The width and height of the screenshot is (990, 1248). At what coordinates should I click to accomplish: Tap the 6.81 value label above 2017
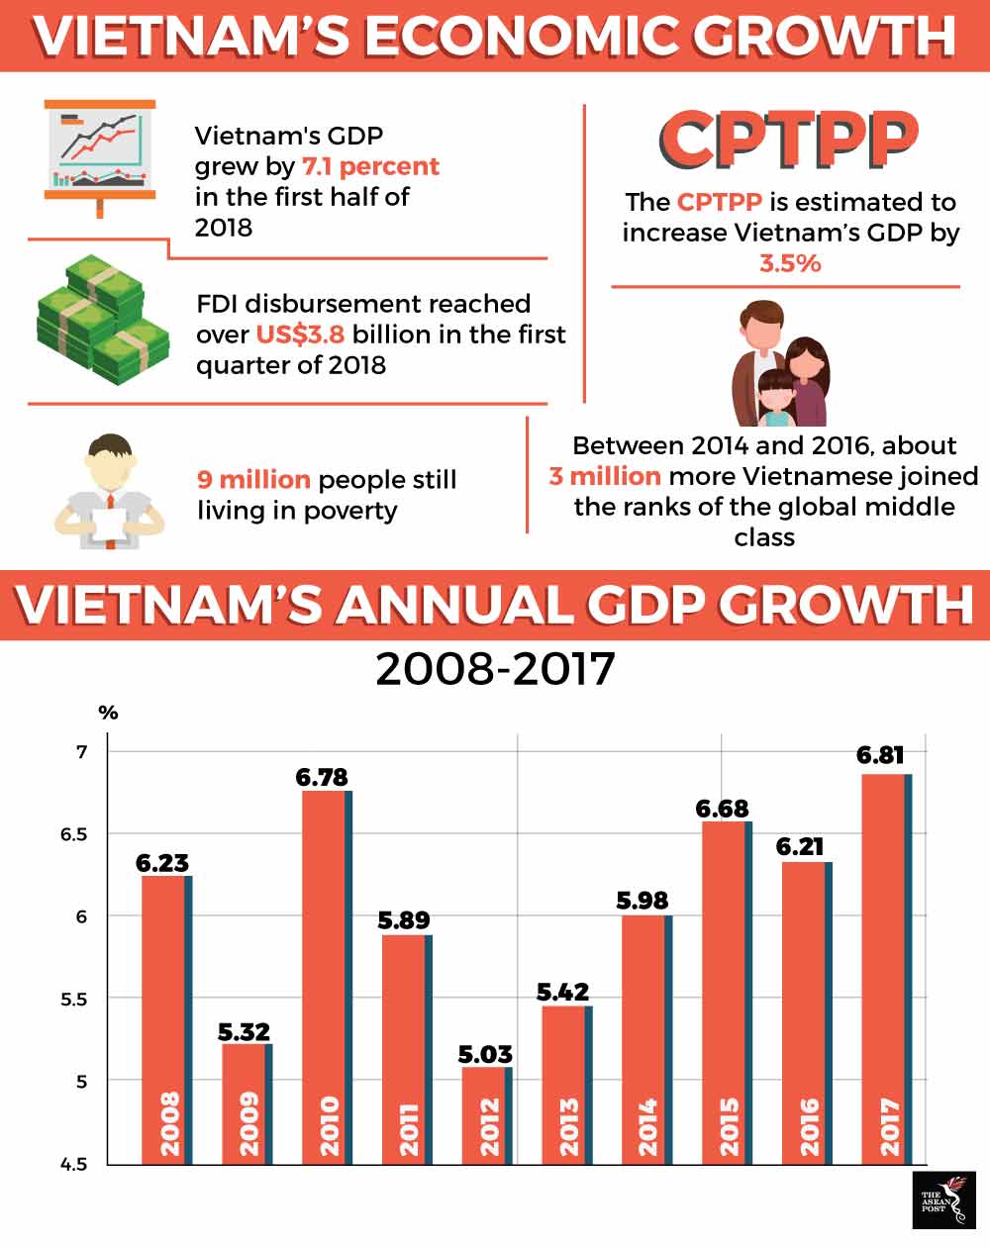pyautogui.click(x=880, y=755)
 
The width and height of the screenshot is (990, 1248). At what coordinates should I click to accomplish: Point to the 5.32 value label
pyautogui.click(x=244, y=1032)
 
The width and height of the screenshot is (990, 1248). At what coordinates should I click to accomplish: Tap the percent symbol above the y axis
pyautogui.click(x=108, y=713)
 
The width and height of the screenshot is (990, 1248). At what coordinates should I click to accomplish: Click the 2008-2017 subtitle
pyautogui.click(x=495, y=669)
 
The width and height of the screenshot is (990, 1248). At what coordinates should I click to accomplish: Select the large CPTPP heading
pyautogui.click(x=788, y=139)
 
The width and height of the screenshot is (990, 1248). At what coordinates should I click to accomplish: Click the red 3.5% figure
pyautogui.click(x=789, y=263)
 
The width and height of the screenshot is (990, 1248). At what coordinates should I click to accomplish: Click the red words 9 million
pyautogui.click(x=253, y=480)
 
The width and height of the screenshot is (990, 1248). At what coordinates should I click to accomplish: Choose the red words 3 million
pyautogui.click(x=605, y=476)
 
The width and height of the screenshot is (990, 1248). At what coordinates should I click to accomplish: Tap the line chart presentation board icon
pyautogui.click(x=99, y=153)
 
